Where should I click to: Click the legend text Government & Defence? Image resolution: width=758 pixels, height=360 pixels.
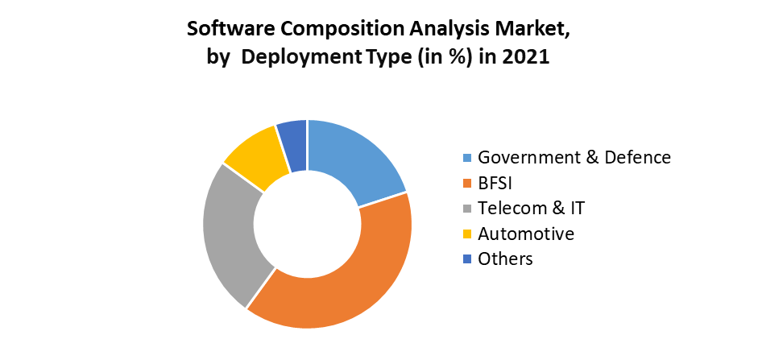[x=574, y=157]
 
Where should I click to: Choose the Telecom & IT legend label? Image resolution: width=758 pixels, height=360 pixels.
[x=531, y=208]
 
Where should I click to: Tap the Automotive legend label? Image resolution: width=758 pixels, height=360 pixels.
[x=525, y=234]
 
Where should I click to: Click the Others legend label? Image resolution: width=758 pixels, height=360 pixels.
[x=505, y=259]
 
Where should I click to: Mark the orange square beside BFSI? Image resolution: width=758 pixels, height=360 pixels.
[x=467, y=184]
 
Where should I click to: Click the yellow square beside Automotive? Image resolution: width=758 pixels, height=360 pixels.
[x=467, y=234]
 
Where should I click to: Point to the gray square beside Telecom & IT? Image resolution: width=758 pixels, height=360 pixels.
[x=467, y=209]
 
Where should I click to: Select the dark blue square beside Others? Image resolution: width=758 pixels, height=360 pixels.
[x=467, y=259]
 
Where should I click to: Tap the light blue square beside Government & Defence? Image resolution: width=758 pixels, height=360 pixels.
[x=467, y=158]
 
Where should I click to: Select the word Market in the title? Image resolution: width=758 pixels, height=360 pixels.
[x=535, y=30]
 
